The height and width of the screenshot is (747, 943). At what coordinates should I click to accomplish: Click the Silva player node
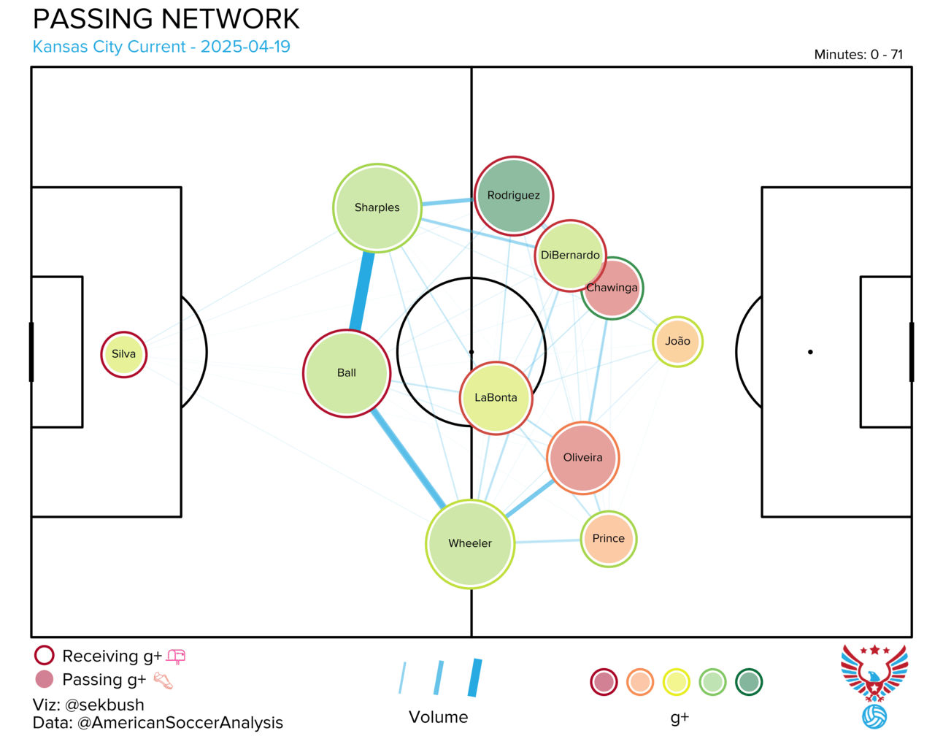123,354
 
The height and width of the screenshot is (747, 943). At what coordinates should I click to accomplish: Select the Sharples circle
377,208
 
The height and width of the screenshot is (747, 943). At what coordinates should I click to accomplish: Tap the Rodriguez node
514,196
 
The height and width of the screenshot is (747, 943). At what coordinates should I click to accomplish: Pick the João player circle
677,341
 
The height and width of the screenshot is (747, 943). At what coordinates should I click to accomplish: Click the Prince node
608,538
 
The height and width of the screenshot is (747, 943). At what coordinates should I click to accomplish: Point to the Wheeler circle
470,543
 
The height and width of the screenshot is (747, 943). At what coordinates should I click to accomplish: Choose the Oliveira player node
582,458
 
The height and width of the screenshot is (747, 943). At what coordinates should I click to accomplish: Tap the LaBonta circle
496,398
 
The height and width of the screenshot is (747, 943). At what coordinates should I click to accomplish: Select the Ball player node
346,373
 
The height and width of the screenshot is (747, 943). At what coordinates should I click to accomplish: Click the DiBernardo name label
569,255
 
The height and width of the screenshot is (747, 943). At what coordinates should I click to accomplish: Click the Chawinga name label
612,288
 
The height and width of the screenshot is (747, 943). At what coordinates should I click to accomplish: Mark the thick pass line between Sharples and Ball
362,291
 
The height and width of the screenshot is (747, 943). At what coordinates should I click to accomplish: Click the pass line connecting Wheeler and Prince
547,541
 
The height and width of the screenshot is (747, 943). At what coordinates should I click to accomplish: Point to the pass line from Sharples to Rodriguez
448,202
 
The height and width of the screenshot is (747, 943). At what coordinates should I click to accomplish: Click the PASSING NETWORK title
166,19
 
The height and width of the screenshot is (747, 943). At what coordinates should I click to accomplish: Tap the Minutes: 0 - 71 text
858,54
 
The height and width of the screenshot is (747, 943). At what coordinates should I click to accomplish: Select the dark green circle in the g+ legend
749,682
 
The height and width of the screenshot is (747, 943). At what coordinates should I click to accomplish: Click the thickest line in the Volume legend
475,678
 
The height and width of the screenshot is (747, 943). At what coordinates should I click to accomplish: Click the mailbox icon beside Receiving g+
176,656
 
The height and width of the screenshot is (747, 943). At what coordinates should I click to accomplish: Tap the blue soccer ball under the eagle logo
874,717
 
